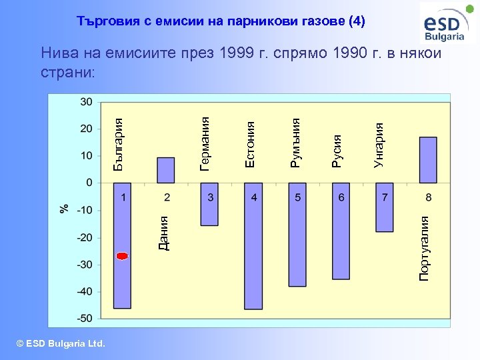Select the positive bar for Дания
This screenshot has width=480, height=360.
(x=165, y=170)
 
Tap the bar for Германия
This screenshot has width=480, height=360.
(x=209, y=204)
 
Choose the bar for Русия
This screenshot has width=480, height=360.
(x=341, y=231)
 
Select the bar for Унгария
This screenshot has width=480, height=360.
(x=384, y=207)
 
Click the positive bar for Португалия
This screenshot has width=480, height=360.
(x=428, y=160)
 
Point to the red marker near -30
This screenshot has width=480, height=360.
(x=122, y=256)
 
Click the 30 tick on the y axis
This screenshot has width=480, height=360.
(x=87, y=102)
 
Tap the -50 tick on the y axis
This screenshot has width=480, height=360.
(x=84, y=319)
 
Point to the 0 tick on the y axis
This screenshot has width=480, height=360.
(x=89, y=183)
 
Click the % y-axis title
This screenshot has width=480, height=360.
(x=64, y=208)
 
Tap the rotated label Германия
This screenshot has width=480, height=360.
(x=205, y=143)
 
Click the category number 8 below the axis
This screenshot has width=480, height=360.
(x=428, y=197)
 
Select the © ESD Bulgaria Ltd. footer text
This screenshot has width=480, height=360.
(x=61, y=343)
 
